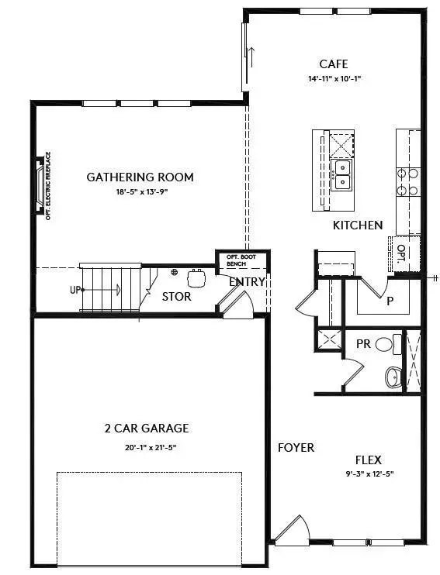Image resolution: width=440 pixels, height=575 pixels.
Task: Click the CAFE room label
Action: coord(333,64)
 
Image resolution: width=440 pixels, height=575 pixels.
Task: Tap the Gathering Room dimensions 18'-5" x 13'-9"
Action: coord(140,191)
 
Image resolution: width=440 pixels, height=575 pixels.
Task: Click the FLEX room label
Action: coord(368,459)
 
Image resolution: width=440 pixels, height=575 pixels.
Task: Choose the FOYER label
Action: coord(296,447)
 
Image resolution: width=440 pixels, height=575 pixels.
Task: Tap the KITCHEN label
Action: coord(357,225)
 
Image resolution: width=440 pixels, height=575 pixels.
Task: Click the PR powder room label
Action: coord(362,342)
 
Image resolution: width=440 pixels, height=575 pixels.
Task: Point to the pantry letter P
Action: coord(390,301)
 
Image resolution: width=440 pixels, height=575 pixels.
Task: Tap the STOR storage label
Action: coord(176,296)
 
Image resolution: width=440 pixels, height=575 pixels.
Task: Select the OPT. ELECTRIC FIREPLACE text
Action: coord(47,186)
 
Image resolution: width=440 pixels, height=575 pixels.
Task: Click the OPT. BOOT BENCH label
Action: coord(236,260)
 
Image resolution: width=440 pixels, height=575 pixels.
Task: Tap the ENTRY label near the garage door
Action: coord(247,281)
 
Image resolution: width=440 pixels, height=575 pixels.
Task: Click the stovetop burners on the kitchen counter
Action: coord(408,181)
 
